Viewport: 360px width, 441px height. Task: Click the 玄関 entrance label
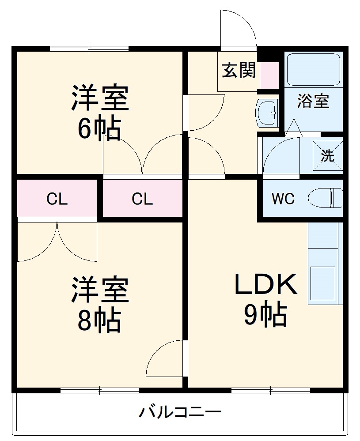(239, 70)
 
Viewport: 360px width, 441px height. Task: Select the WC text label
(283, 199)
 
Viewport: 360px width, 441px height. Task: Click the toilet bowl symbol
(326, 198)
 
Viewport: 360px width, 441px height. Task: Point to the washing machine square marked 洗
(328, 155)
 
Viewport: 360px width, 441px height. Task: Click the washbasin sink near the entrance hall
(266, 113)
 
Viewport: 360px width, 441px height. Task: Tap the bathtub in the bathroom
(313, 69)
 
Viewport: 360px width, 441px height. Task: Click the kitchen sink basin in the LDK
(322, 283)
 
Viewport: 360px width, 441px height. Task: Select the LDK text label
(266, 283)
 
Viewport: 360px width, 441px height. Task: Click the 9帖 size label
(266, 315)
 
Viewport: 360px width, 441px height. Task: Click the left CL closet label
(57, 199)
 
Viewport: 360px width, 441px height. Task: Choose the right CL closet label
(142, 199)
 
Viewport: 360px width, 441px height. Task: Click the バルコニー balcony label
(180, 413)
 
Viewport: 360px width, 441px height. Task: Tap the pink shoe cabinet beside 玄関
(269, 75)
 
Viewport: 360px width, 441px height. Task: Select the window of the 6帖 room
(89, 49)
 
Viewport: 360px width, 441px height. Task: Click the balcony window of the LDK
(270, 390)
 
